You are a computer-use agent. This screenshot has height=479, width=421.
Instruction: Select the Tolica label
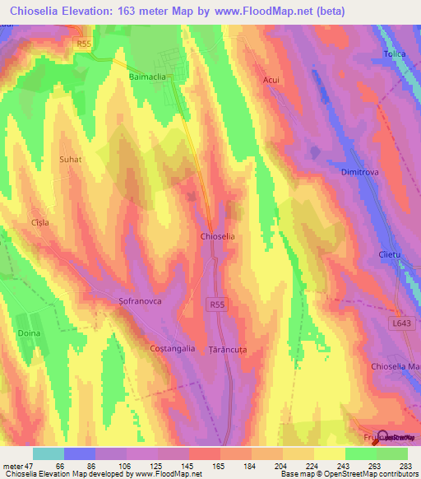coord(395,54)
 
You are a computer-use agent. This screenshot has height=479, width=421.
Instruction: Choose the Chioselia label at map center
coord(218,236)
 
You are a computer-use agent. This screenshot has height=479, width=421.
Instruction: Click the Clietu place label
coord(390,254)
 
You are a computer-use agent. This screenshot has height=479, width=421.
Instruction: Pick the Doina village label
coord(29,333)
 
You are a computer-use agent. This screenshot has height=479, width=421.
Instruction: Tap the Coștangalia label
coord(173,348)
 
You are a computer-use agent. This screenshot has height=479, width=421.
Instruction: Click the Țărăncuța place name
coord(228,349)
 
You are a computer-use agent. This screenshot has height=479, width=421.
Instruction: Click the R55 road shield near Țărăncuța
coord(216,305)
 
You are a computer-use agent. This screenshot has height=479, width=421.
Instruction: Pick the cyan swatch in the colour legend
coord(48,453)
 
